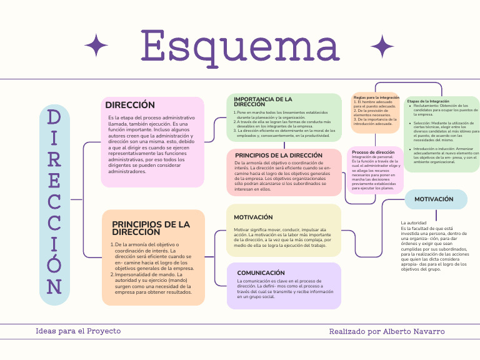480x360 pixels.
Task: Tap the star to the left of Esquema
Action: tap(96, 46)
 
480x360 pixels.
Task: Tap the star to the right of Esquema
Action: tap(382, 46)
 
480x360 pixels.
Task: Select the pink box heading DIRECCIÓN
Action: tap(130, 105)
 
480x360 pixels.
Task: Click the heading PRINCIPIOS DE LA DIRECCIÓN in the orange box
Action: tap(151, 227)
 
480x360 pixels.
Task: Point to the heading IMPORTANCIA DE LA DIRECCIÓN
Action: tap(262, 101)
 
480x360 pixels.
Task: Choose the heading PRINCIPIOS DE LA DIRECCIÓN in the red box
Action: tap(279, 155)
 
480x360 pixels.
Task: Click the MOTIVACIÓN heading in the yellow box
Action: tap(253, 217)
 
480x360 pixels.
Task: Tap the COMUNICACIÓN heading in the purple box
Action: tap(261, 272)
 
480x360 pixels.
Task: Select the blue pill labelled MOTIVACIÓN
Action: tap(434, 199)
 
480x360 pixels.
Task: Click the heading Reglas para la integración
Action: tap(376, 97)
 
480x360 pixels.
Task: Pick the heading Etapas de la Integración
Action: tap(428, 101)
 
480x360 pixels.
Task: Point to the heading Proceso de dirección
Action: tap(373, 152)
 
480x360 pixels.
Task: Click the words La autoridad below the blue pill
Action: tap(414, 222)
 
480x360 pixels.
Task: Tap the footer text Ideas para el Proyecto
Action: tap(78, 331)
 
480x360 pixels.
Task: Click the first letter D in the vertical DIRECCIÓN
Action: tap(54, 118)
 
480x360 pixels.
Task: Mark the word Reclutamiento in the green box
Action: tap(427, 106)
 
